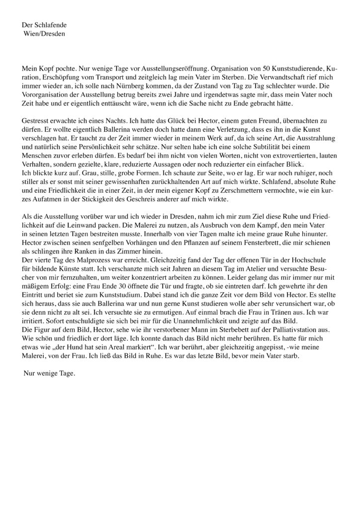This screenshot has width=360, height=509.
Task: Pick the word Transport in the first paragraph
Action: click(x=120, y=76)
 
